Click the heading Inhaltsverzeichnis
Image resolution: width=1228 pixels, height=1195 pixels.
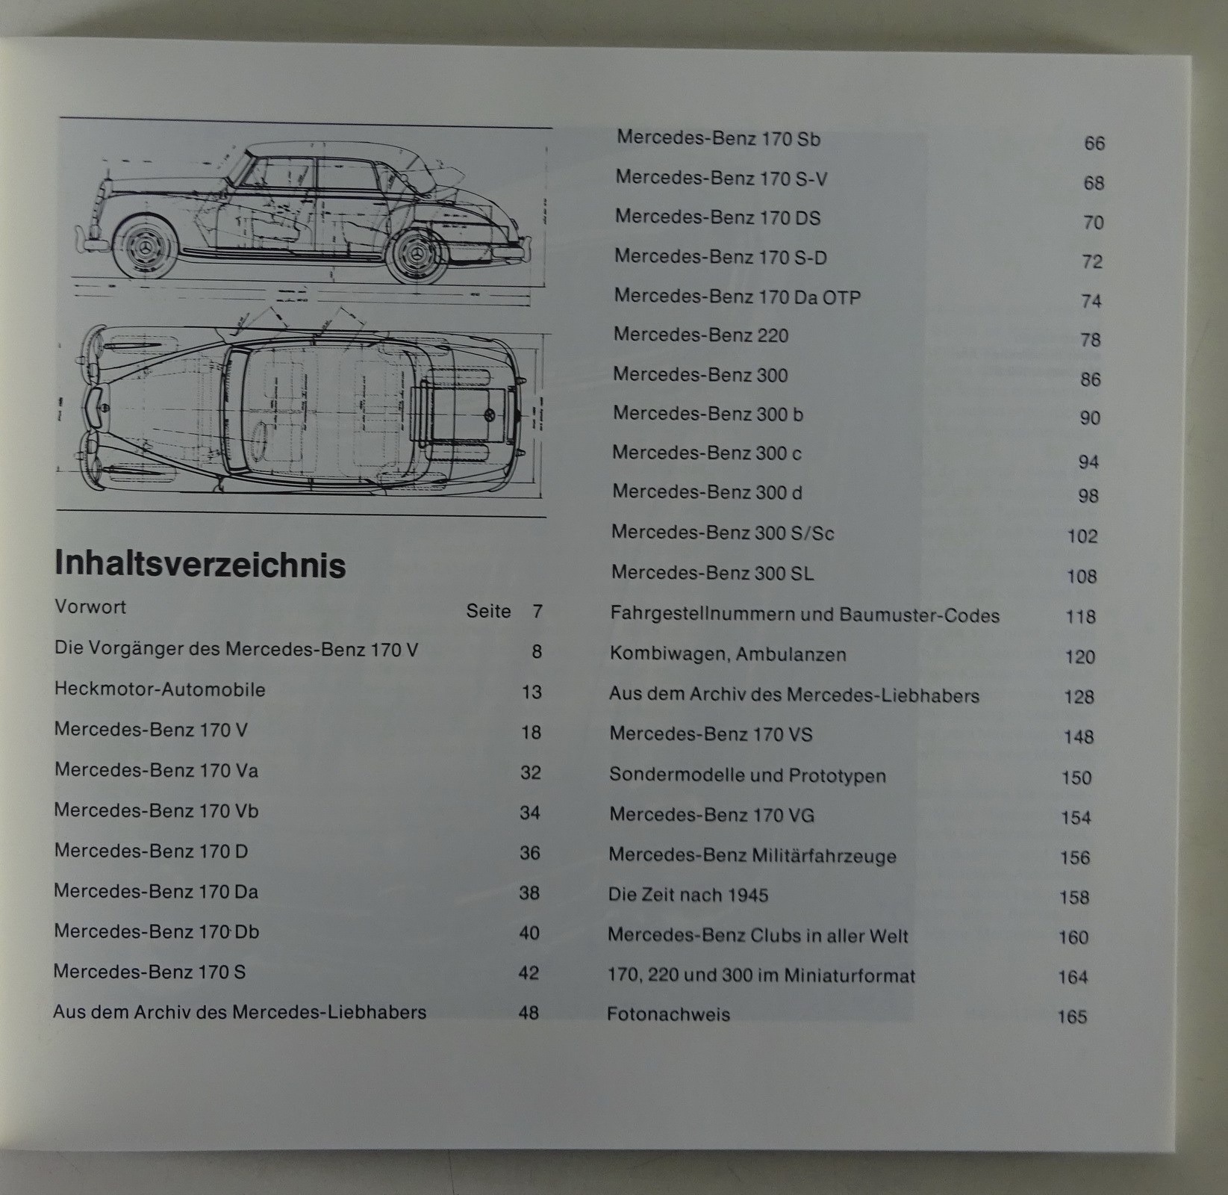click(x=200, y=565)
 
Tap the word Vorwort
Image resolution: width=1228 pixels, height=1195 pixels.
click(x=90, y=606)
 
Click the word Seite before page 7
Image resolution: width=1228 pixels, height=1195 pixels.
click(x=489, y=611)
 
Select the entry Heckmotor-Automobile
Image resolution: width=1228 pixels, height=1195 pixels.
click(x=160, y=689)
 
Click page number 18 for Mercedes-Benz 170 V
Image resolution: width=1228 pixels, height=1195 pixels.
click(x=531, y=733)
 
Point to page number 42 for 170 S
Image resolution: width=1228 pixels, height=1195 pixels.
click(x=529, y=973)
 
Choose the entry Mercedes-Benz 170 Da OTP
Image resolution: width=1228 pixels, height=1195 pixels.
click(x=737, y=297)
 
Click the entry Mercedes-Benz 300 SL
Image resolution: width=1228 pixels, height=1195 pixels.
click(x=712, y=573)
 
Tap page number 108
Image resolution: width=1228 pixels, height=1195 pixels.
click(x=1082, y=577)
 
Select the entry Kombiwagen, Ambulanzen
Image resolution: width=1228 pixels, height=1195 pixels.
click(x=728, y=655)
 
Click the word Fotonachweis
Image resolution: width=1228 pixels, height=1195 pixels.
click(x=668, y=1014)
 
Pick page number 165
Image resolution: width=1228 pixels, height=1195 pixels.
click(x=1072, y=1016)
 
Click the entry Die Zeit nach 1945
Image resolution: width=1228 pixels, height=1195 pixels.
click(x=688, y=895)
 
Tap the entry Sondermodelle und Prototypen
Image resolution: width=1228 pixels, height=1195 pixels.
click(x=747, y=775)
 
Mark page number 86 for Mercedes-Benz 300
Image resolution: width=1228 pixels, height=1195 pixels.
click(x=1091, y=379)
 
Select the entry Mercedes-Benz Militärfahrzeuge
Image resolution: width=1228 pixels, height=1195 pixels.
click(x=752, y=856)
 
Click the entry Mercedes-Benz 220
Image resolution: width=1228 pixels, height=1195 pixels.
click(x=701, y=335)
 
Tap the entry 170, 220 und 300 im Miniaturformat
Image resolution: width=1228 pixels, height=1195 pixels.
click(x=761, y=975)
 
